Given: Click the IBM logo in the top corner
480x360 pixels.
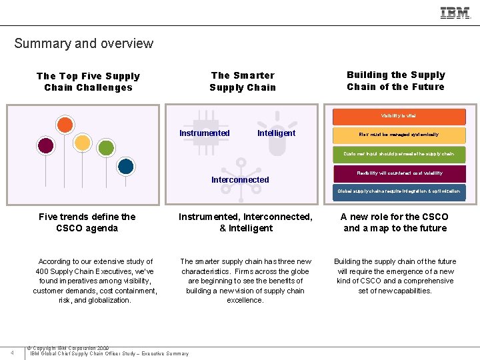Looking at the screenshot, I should tap(455, 13).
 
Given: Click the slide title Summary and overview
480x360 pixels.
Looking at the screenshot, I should tap(83, 44).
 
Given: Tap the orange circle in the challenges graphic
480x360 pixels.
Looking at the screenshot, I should tap(65, 125).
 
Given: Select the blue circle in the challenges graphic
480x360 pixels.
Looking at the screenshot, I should tap(125, 166).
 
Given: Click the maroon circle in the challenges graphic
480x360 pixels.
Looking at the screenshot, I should tap(45, 145).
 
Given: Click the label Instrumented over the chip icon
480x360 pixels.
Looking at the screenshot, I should tap(205, 133).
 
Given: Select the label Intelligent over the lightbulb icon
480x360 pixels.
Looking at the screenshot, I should tap(276, 133).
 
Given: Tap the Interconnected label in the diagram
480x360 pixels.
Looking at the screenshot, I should tap(240, 180).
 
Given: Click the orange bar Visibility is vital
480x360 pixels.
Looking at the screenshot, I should tap(399, 116).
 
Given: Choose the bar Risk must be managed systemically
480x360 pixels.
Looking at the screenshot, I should tap(399, 135).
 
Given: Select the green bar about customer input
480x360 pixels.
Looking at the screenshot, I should tap(399, 154).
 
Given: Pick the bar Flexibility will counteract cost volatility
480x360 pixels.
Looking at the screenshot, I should tap(399, 173).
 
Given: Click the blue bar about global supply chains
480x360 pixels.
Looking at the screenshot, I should tap(399, 191).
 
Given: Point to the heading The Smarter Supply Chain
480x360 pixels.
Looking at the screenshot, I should tap(243, 81).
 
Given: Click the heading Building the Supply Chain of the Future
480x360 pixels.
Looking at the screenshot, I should tap(395, 81).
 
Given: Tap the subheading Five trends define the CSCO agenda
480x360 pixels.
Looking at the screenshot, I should tap(87, 222).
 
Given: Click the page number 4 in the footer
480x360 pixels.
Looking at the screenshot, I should tap(13, 352).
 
